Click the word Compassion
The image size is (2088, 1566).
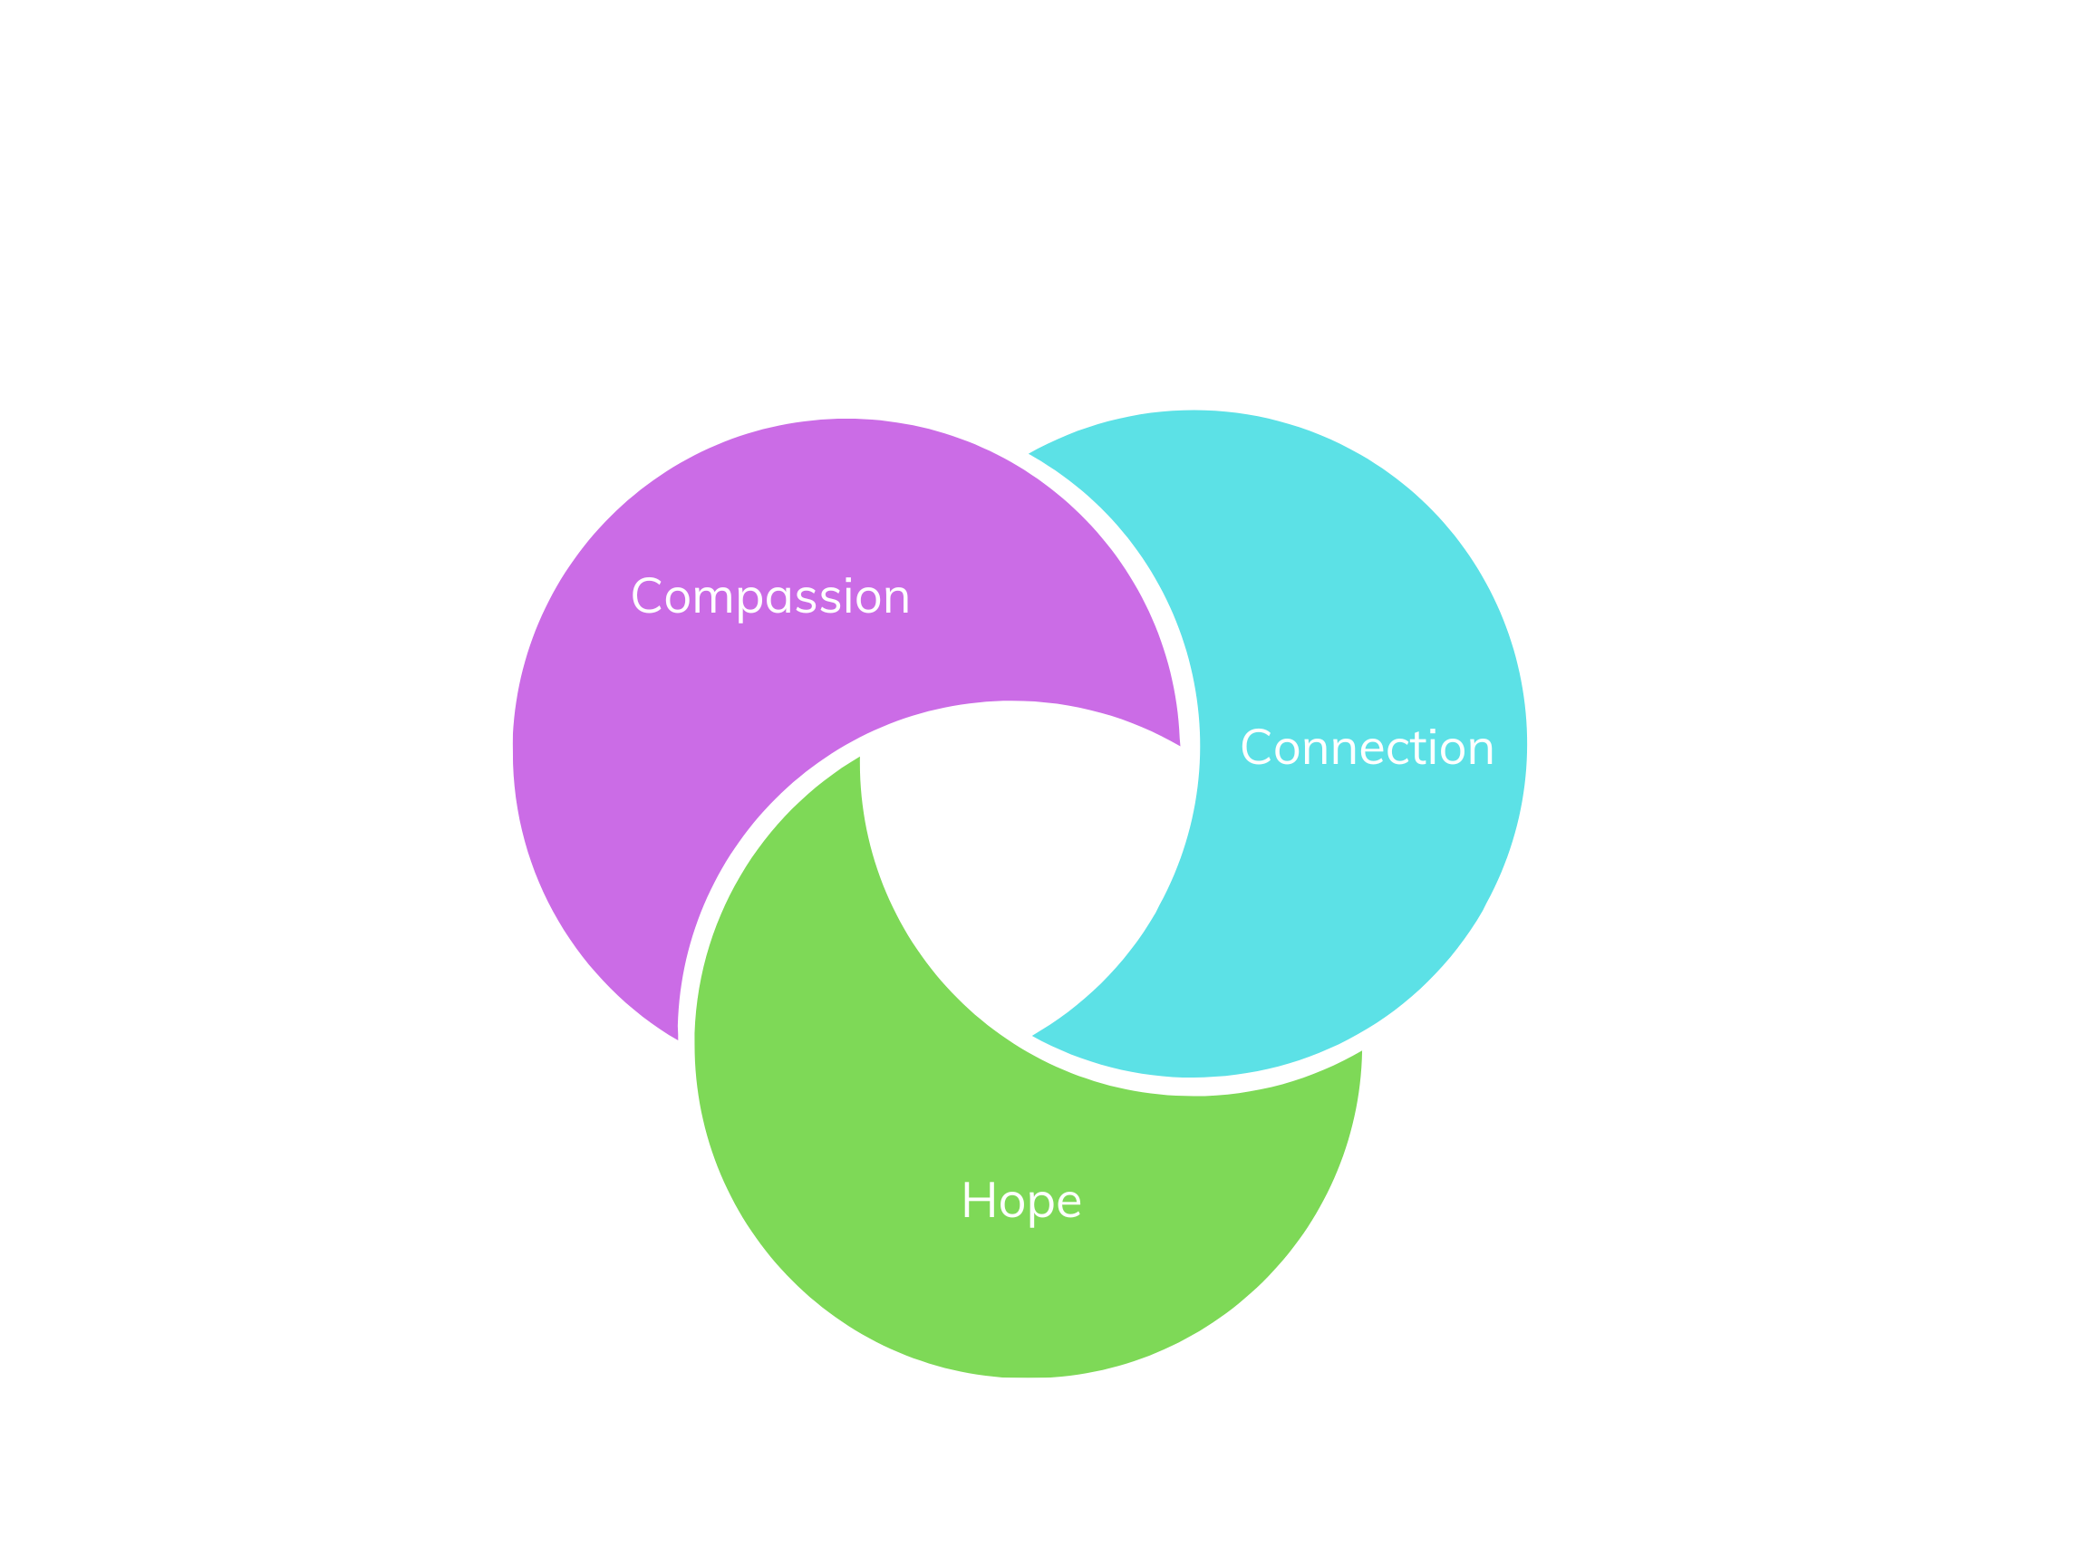point(769,597)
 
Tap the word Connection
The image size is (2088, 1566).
point(1367,749)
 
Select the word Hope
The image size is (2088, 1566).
point(1020,1202)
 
